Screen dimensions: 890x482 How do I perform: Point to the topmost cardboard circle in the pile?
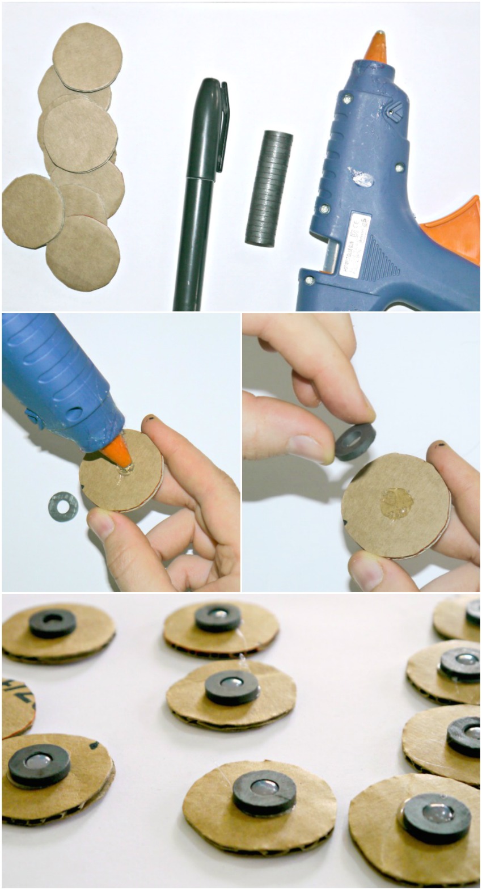click(87, 57)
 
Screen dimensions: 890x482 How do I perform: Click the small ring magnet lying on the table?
click(63, 506)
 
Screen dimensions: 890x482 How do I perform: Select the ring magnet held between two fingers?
click(354, 441)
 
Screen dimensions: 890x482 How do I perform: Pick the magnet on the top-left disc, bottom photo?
click(52, 623)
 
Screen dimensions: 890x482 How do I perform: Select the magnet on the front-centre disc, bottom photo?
click(264, 791)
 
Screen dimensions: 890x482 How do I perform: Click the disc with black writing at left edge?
click(16, 707)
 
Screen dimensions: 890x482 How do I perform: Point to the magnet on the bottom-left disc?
click(39, 765)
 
